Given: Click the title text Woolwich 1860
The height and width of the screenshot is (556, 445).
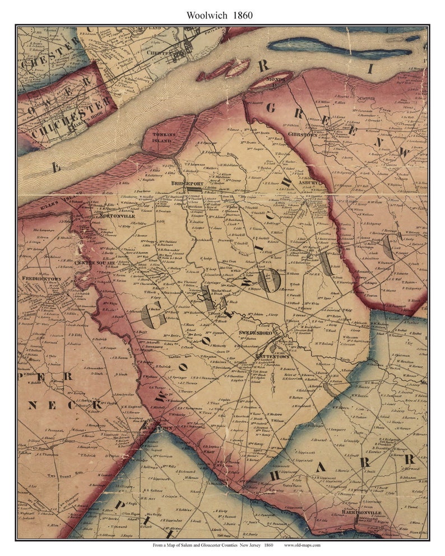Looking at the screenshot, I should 222,15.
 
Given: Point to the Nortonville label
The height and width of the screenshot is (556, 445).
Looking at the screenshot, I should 116,215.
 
